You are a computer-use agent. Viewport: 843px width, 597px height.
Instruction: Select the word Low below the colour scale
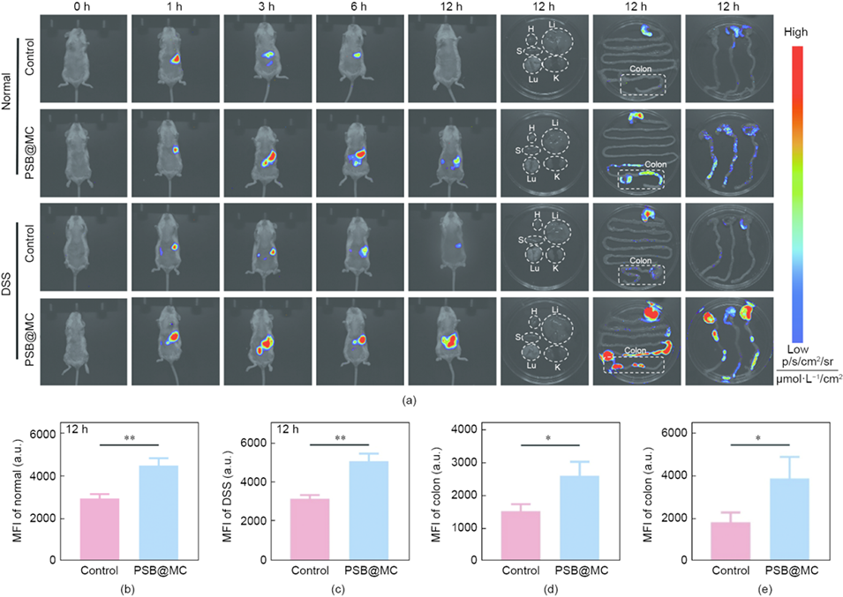[x=797, y=349]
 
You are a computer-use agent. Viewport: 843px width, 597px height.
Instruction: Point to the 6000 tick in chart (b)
[x=47, y=435]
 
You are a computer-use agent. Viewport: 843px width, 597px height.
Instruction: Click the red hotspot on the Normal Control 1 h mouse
[x=175, y=60]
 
